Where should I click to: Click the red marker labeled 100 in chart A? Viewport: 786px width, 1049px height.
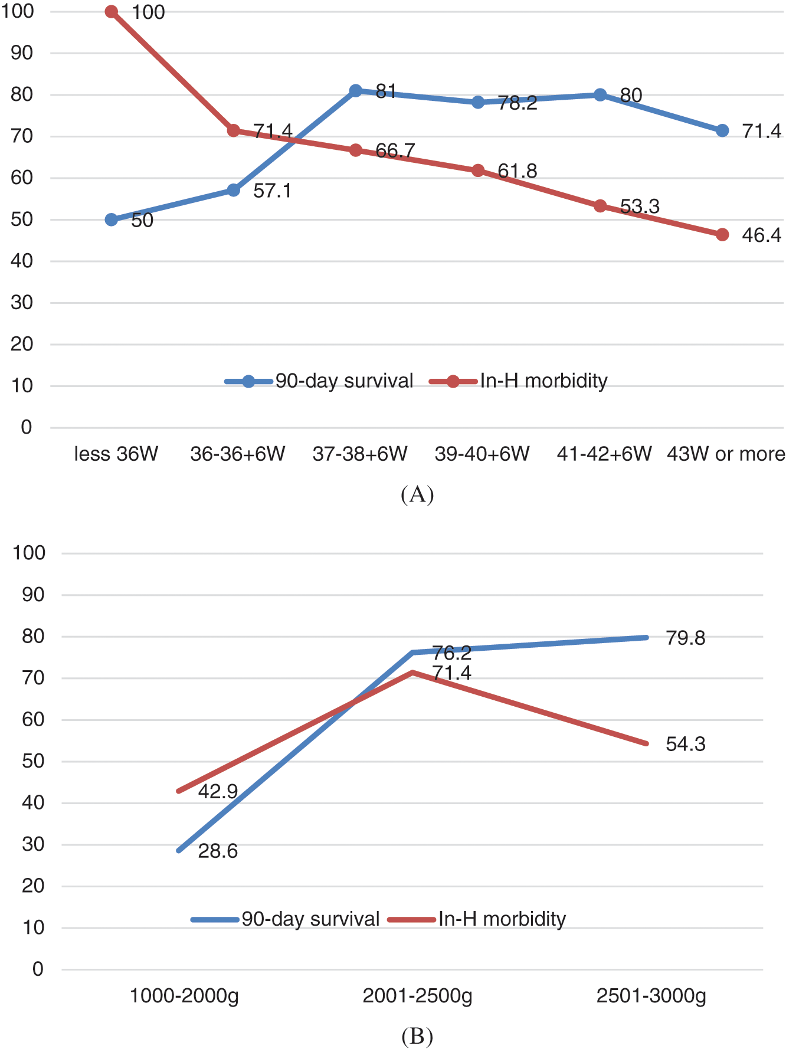(x=111, y=12)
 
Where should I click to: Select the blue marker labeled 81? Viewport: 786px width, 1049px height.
(x=355, y=91)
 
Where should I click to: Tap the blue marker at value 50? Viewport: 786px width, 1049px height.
(x=111, y=219)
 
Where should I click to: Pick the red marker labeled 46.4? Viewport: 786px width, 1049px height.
(x=722, y=235)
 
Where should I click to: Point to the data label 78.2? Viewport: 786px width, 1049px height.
(x=517, y=103)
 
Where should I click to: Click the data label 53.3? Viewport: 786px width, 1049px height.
(x=640, y=206)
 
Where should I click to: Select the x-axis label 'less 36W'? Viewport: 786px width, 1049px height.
(x=116, y=454)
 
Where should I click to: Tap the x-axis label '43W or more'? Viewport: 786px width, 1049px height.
(x=726, y=454)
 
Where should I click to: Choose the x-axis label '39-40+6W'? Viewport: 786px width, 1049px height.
(x=482, y=454)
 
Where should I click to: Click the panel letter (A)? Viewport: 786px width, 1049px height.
(x=417, y=494)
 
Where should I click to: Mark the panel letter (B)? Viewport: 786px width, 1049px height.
(x=417, y=1035)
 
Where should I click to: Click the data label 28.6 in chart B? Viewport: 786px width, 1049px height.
(x=218, y=851)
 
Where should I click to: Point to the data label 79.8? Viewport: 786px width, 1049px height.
(x=685, y=638)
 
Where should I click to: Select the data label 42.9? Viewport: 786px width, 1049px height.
(x=218, y=791)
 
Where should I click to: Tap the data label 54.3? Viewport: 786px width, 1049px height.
(x=685, y=744)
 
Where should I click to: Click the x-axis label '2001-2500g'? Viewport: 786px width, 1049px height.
(x=417, y=995)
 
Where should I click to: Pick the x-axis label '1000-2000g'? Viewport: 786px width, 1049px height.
(x=184, y=995)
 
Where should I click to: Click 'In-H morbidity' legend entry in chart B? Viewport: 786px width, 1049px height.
(x=502, y=919)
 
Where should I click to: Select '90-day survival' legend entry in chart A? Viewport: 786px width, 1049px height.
(x=344, y=381)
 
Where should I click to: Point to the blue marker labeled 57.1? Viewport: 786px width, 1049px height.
(x=234, y=190)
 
